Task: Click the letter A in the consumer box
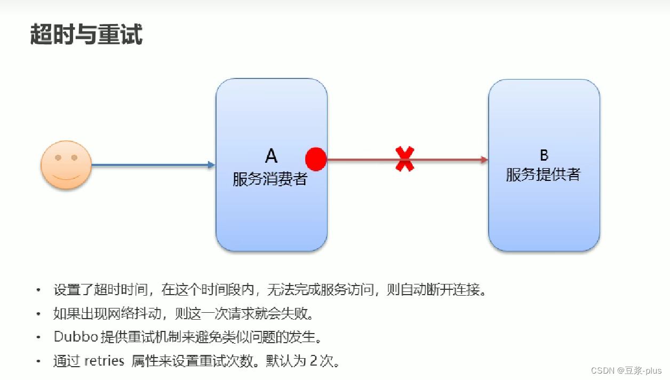point(271,156)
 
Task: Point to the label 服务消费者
point(270,179)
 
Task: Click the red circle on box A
point(316,159)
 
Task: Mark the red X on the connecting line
point(405,159)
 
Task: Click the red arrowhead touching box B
point(484,159)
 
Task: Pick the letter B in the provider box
point(544,155)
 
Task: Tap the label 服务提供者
point(543,175)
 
